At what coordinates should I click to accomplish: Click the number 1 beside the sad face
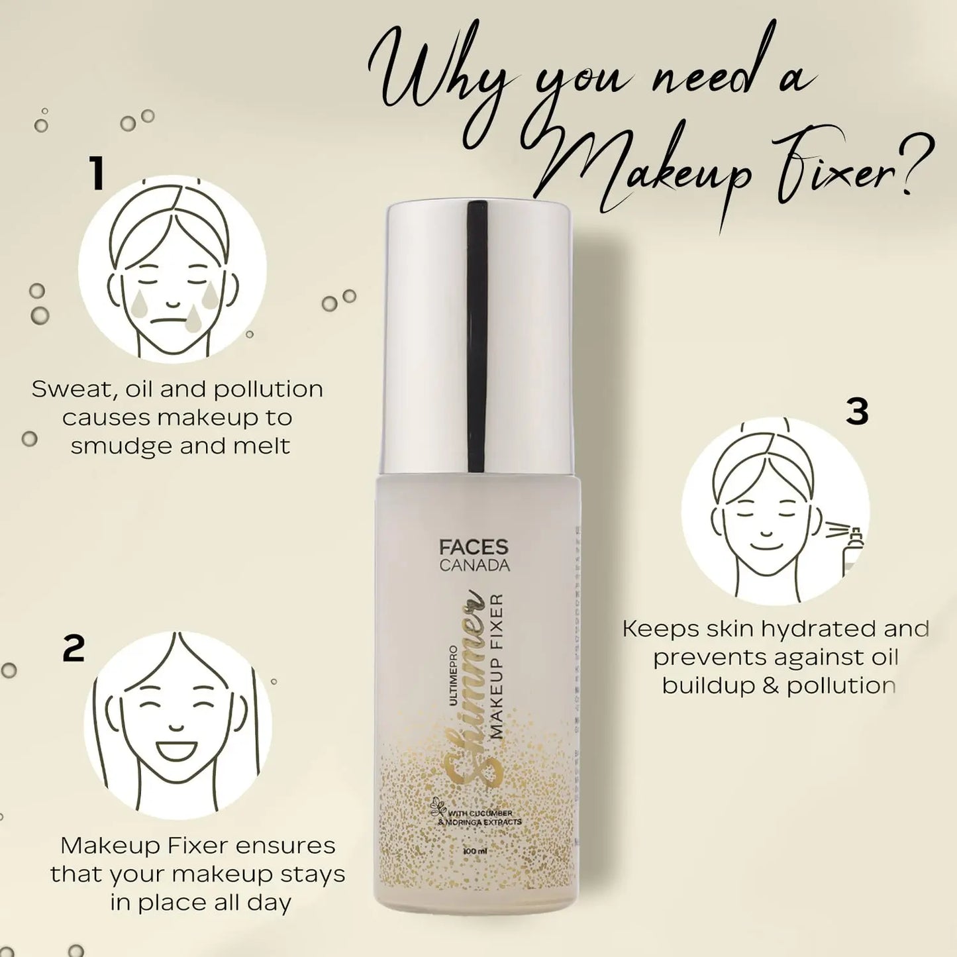(97, 174)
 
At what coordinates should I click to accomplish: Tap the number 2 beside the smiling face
(74, 648)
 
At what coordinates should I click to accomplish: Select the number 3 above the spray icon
(857, 411)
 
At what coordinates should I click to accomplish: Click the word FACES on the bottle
(474, 547)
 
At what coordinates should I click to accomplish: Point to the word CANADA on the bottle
(474, 566)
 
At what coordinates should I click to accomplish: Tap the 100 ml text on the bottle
(475, 851)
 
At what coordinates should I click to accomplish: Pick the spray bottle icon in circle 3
(853, 550)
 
